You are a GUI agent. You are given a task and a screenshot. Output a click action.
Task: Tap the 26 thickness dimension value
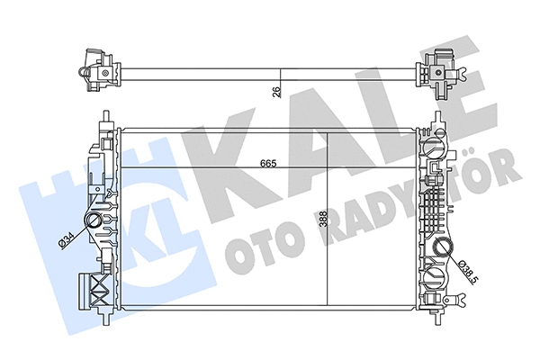coord(275,88)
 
